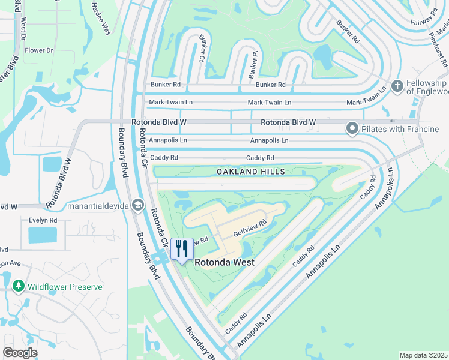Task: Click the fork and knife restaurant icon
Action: [182, 248]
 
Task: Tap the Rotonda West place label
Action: [223, 262]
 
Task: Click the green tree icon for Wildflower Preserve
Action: [19, 287]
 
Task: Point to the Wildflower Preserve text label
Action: [65, 287]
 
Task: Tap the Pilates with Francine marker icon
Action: [352, 128]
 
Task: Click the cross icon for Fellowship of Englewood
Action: [396, 86]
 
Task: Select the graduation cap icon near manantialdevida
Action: [138, 206]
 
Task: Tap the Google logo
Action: [20, 353]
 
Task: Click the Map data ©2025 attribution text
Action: [423, 355]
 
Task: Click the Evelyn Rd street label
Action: [43, 220]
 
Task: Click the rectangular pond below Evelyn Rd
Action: [42, 235]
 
